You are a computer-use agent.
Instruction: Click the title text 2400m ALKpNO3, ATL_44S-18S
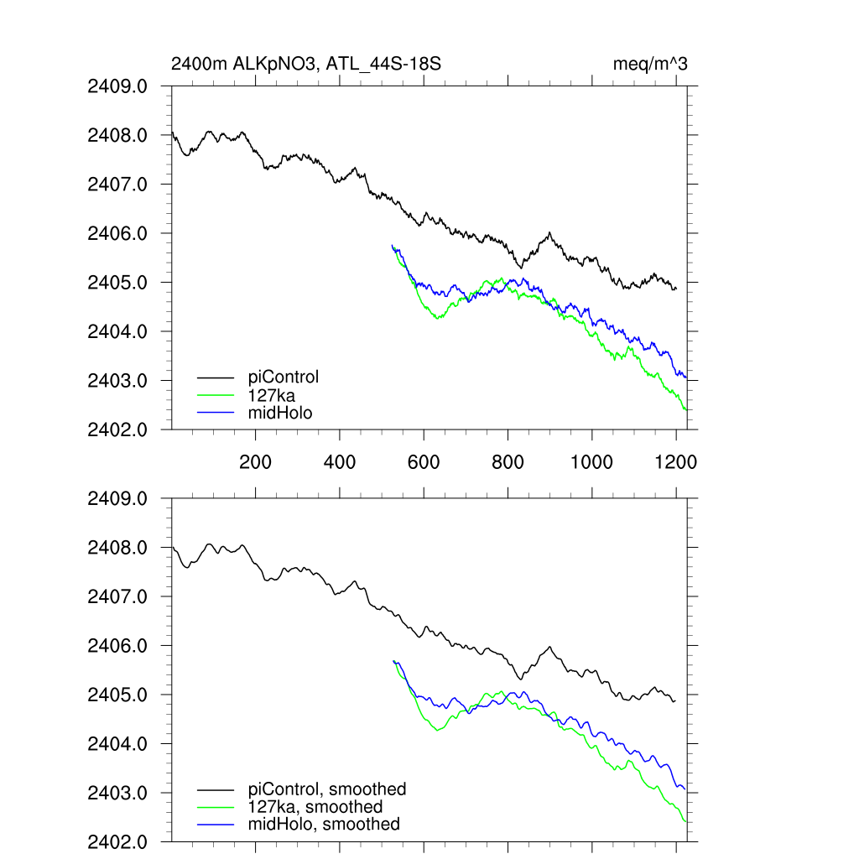[x=306, y=64]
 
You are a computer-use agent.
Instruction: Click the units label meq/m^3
[x=651, y=64]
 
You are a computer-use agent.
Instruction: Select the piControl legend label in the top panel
[x=284, y=377]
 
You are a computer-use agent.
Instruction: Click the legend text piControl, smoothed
[x=327, y=789]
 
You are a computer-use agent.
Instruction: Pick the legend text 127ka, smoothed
[x=315, y=806]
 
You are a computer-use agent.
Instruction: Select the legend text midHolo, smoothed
[x=324, y=824]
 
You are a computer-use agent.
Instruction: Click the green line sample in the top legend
[x=216, y=395]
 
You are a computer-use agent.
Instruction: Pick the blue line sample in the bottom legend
[x=216, y=825]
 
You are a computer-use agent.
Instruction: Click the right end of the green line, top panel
[x=686, y=409]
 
